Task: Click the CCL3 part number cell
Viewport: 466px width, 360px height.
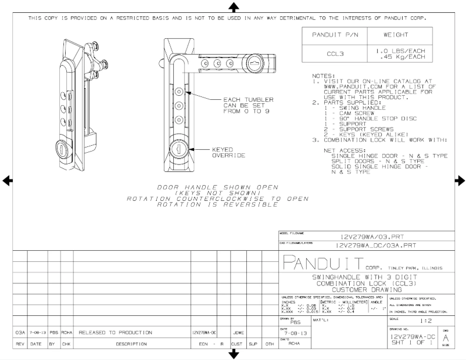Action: [x=329, y=55]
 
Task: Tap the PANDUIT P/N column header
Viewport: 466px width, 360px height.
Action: [x=329, y=35]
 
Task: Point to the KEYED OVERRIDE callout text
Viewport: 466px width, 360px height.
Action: [x=227, y=153]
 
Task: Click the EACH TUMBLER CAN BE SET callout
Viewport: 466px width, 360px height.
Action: [x=248, y=105]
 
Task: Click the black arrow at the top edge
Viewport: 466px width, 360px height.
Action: [x=234, y=7]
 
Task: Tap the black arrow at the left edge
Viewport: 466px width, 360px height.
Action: [x=8, y=181]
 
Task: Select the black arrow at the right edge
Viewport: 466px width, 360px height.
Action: [x=460, y=181]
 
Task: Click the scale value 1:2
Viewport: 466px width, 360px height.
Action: [x=418, y=320]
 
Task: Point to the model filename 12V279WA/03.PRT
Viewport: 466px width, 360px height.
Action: [x=371, y=237]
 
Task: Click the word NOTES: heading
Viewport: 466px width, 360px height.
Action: [x=324, y=75]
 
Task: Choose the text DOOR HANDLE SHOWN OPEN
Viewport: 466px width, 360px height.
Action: [x=217, y=187]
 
